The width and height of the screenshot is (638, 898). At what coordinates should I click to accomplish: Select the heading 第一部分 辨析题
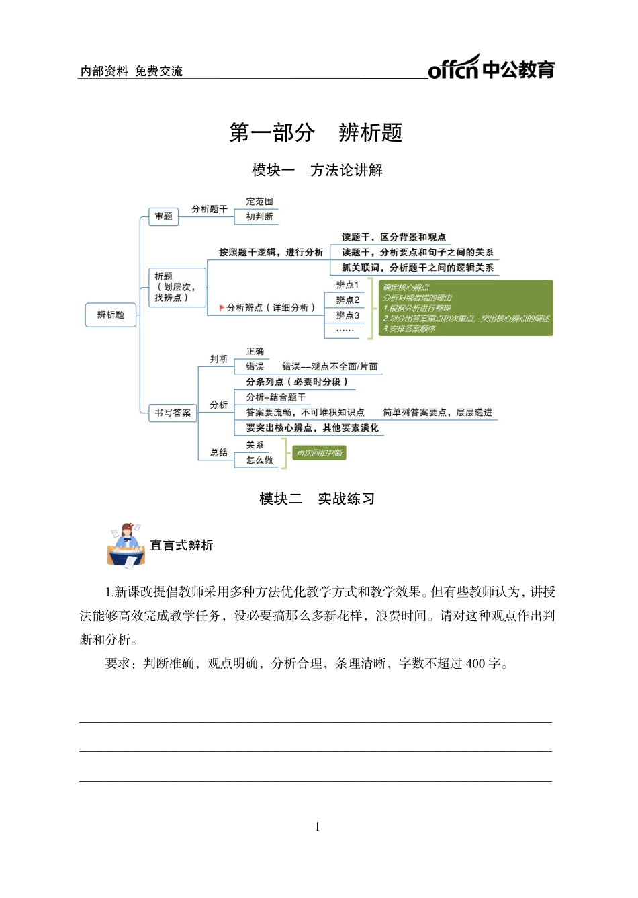click(x=316, y=132)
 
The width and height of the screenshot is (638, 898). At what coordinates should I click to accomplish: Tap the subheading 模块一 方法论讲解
click(x=317, y=170)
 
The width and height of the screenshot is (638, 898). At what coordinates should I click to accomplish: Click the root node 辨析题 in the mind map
click(x=111, y=315)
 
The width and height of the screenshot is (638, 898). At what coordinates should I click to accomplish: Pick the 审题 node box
click(x=163, y=216)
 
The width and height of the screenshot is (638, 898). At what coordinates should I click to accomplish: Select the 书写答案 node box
click(x=173, y=413)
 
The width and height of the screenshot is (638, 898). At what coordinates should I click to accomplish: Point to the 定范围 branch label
click(x=259, y=202)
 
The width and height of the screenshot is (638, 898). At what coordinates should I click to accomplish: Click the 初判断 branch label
click(x=259, y=216)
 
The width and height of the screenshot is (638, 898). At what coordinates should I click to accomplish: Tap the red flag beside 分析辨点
click(x=222, y=308)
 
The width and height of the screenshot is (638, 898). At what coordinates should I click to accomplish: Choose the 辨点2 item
click(x=347, y=300)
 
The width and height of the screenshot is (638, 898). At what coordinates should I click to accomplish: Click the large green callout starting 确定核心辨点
click(x=465, y=308)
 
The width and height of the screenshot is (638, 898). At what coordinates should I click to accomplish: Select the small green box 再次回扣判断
click(x=320, y=453)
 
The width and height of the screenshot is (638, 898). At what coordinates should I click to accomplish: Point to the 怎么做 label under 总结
click(x=259, y=460)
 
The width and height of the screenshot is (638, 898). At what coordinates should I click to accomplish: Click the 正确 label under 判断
click(x=255, y=352)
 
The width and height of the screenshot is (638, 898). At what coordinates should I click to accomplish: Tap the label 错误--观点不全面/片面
click(x=330, y=367)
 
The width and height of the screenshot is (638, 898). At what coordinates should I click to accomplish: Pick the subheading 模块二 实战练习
click(x=317, y=499)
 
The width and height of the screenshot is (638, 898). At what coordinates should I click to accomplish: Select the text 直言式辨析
click(x=181, y=545)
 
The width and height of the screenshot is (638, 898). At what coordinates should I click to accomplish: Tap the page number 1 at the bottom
click(x=318, y=827)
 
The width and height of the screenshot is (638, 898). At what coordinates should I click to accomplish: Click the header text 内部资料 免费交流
click(x=132, y=71)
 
